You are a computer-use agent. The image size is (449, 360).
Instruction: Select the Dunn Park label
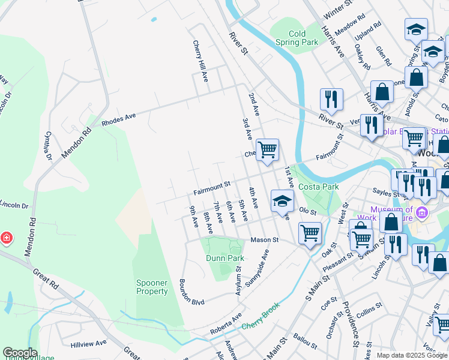(225, 258)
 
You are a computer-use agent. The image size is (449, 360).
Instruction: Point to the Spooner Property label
(152, 287)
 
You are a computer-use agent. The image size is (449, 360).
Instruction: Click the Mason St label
(265, 239)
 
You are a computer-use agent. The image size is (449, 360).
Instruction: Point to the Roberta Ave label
(225, 324)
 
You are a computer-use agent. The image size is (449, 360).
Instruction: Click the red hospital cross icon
(6, 238)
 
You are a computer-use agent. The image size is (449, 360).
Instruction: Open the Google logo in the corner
(20, 353)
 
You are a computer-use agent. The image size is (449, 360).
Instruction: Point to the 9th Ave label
(194, 217)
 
